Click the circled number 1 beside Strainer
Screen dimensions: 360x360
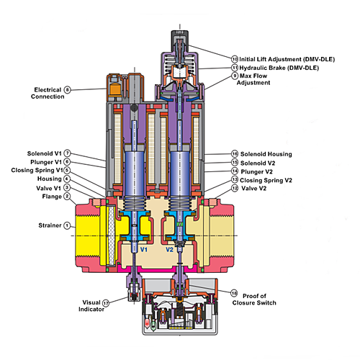click(x=67, y=225)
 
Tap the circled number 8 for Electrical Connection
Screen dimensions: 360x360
click(x=68, y=90)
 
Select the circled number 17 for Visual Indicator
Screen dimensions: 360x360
click(x=106, y=303)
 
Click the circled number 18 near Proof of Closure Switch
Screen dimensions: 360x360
click(x=234, y=293)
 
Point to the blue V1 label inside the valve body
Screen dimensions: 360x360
click(x=144, y=250)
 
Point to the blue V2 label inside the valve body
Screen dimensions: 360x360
click(x=169, y=250)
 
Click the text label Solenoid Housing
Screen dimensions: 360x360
click(x=266, y=154)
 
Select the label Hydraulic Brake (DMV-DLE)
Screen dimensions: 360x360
click(x=279, y=68)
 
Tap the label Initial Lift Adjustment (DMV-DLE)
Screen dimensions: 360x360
click(x=287, y=59)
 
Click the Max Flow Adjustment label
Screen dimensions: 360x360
click(x=253, y=79)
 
